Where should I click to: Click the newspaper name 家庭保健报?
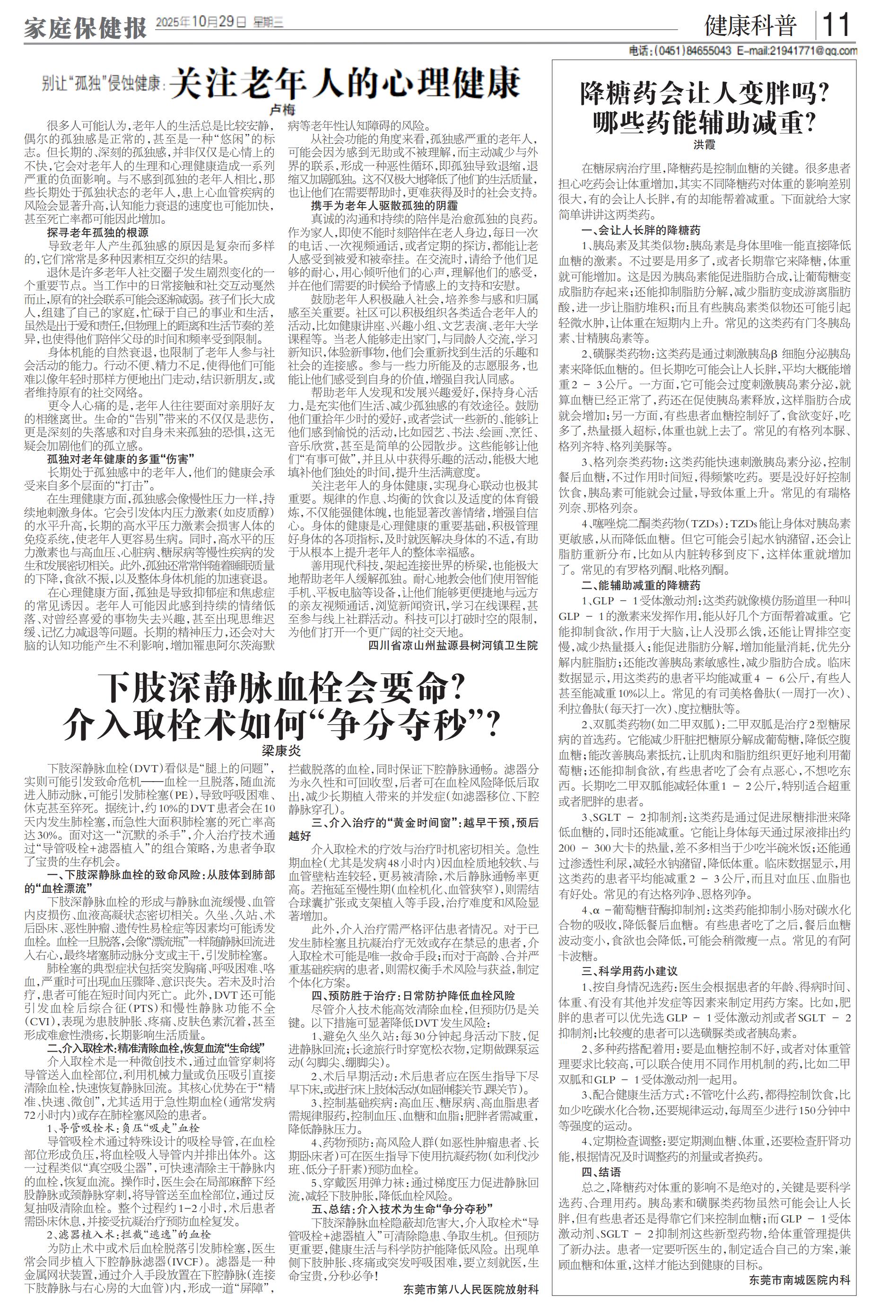click(x=85, y=27)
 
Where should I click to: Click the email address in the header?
click(x=797, y=51)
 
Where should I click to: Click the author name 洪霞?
click(x=705, y=145)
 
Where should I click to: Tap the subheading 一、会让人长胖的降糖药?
click(x=640, y=230)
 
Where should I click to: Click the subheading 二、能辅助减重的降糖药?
click(x=640, y=585)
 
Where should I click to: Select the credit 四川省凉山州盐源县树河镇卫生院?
click(x=453, y=645)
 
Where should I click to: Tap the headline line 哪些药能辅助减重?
click(x=705, y=122)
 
